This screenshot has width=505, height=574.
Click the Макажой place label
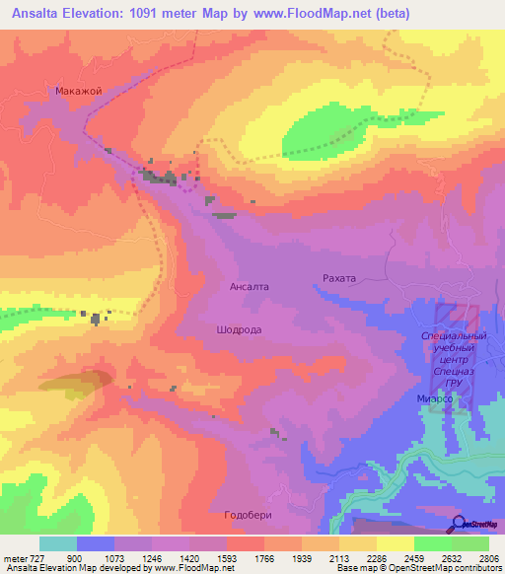[x=79, y=91]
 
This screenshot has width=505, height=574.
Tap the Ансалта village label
[x=249, y=287]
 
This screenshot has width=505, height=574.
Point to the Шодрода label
[x=239, y=330]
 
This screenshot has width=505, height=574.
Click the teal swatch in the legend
[x=58, y=543]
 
